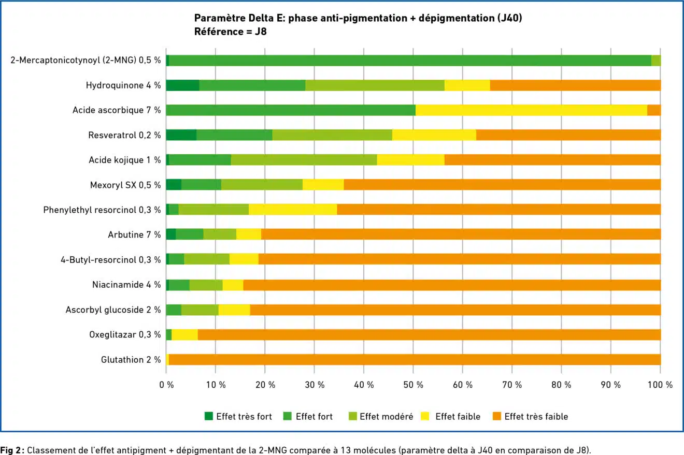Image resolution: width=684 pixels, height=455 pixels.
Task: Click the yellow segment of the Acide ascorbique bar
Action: click(531, 110)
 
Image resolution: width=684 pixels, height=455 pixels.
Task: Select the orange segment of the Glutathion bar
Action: click(415, 359)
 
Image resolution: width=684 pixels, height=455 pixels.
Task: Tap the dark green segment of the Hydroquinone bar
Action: click(182, 85)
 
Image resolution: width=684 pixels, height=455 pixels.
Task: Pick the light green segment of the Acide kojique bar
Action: click(304, 160)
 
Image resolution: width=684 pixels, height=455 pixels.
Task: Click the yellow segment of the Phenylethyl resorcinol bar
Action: click(293, 210)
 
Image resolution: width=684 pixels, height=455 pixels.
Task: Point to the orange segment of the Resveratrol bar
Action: click(568, 135)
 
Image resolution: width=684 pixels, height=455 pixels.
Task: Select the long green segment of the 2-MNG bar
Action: click(409, 61)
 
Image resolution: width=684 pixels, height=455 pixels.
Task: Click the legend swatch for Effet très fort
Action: click(209, 416)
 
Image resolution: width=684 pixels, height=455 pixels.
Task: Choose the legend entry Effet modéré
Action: click(386, 416)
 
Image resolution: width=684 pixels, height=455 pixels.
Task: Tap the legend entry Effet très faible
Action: click(536, 416)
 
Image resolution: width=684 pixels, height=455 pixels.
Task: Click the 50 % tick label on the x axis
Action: click(413, 385)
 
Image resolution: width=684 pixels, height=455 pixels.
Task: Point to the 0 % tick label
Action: click(166, 385)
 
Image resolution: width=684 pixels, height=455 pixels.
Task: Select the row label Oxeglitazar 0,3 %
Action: click(125, 334)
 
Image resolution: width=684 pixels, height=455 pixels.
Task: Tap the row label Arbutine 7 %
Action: click(134, 234)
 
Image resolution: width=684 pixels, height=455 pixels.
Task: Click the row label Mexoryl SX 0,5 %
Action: click(125, 185)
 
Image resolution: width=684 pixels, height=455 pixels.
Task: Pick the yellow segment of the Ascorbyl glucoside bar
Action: click(234, 310)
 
